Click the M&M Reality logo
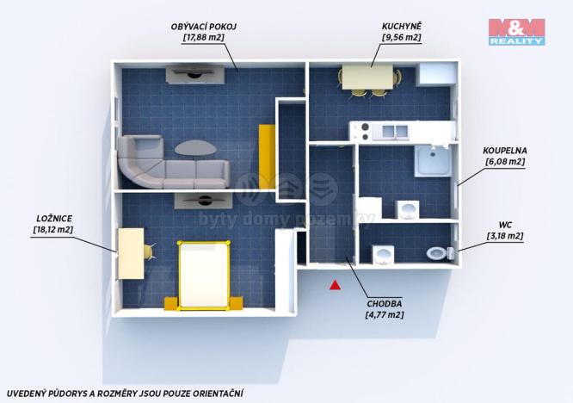(517, 32)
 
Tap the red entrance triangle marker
(335, 285)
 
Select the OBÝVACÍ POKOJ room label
(204, 27)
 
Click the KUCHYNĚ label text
(402, 26)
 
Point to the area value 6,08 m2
(505, 162)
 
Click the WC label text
(505, 225)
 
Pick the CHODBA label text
(385, 303)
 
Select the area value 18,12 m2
(53, 230)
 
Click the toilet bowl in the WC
(436, 253)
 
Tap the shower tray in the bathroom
(434, 160)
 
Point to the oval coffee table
(195, 148)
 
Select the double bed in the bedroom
(204, 276)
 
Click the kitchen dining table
(367, 77)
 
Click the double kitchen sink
(395, 131)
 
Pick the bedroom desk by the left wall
(131, 253)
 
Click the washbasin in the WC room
(384, 254)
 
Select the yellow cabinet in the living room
(267, 157)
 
